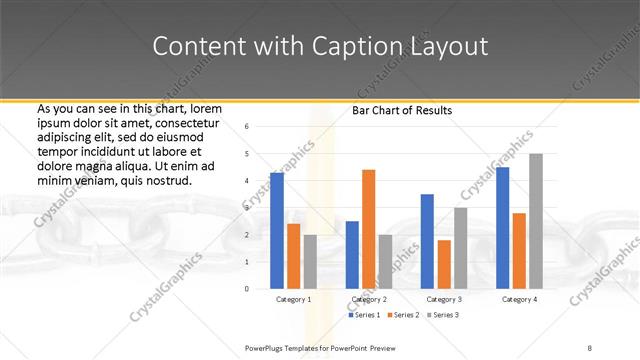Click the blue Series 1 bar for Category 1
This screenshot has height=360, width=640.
[x=277, y=230]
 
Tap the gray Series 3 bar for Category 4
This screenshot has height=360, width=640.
[x=536, y=221]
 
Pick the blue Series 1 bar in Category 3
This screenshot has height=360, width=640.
[x=427, y=241]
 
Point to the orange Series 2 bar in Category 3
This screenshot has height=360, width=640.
[x=444, y=264]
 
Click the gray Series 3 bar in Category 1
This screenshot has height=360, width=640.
[x=310, y=261]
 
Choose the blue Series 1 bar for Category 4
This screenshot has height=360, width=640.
[x=502, y=227]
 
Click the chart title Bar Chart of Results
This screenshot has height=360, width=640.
[x=402, y=110]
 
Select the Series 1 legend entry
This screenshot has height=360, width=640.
[x=364, y=316]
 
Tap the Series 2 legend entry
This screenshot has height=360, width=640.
[x=403, y=316]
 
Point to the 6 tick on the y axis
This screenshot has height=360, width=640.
[x=247, y=126]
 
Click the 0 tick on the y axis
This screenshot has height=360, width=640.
[x=247, y=288]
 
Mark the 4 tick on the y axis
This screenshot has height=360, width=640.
[x=247, y=180]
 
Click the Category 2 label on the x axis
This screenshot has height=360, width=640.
[x=368, y=299]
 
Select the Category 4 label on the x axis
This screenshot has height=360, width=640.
[x=519, y=299]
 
